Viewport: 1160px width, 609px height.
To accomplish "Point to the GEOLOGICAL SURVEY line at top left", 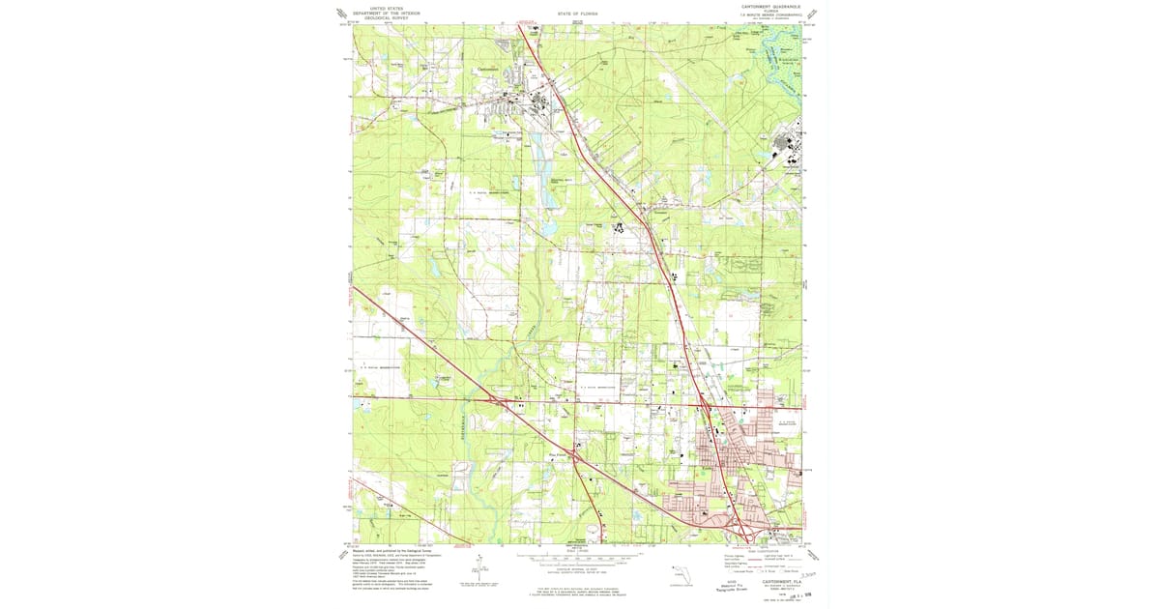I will [x=380, y=17].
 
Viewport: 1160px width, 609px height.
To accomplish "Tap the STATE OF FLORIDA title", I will [x=578, y=15].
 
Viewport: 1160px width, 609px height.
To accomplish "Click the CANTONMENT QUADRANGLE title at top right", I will [x=770, y=5].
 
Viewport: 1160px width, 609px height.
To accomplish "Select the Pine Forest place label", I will [x=558, y=447].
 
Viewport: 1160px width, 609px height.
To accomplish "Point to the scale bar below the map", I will [x=578, y=558].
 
